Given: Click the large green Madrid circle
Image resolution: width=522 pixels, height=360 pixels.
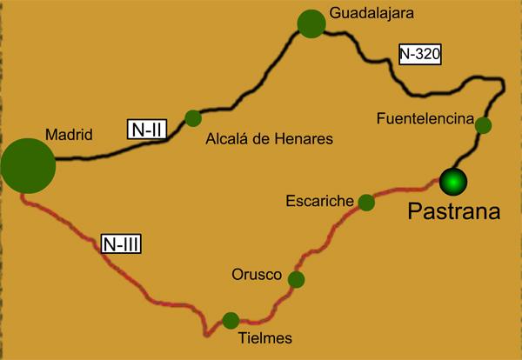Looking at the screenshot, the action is tap(28, 164).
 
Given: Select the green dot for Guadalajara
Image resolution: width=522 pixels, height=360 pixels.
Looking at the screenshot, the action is tap(311, 23).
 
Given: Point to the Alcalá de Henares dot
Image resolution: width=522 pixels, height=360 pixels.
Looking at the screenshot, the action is tap(193, 118).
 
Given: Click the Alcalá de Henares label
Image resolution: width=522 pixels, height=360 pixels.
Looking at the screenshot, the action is tap(269, 138).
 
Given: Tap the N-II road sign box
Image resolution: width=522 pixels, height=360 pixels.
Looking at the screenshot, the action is tap(144, 129).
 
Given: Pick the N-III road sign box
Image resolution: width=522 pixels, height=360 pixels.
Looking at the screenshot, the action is tap(121, 243).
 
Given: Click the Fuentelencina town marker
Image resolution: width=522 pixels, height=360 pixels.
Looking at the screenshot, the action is tap(483, 125).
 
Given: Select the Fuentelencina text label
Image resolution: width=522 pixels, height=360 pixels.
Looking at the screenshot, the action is tap(425, 117).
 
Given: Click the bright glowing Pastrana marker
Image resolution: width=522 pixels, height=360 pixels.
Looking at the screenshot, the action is tap(453, 181).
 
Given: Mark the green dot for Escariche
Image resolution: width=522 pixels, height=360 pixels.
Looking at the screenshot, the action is tap(367, 203).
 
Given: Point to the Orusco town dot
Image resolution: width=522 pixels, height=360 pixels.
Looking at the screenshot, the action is tap(297, 279).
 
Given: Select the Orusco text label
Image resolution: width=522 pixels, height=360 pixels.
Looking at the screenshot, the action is tap(257, 276).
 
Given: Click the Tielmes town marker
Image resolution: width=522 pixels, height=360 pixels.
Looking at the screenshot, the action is tap(231, 320).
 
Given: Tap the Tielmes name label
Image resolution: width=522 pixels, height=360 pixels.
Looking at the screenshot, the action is tap(264, 338).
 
